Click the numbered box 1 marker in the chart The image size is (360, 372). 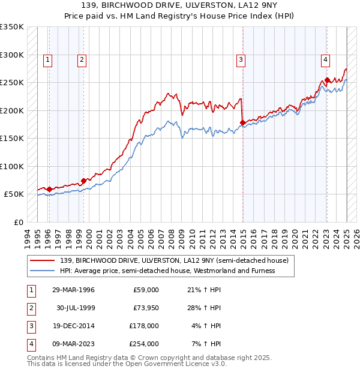coord(47,59)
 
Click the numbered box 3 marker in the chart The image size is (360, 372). coord(240,59)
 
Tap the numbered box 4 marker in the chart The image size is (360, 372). coord(325,59)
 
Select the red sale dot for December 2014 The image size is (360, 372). coord(242,123)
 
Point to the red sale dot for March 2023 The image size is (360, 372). coord(327,80)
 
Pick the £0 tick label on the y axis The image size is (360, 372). coord(19,222)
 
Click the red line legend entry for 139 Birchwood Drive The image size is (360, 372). coord(174,260)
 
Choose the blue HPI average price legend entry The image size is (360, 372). coord(167,271)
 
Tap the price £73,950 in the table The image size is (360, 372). coord(146,308)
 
